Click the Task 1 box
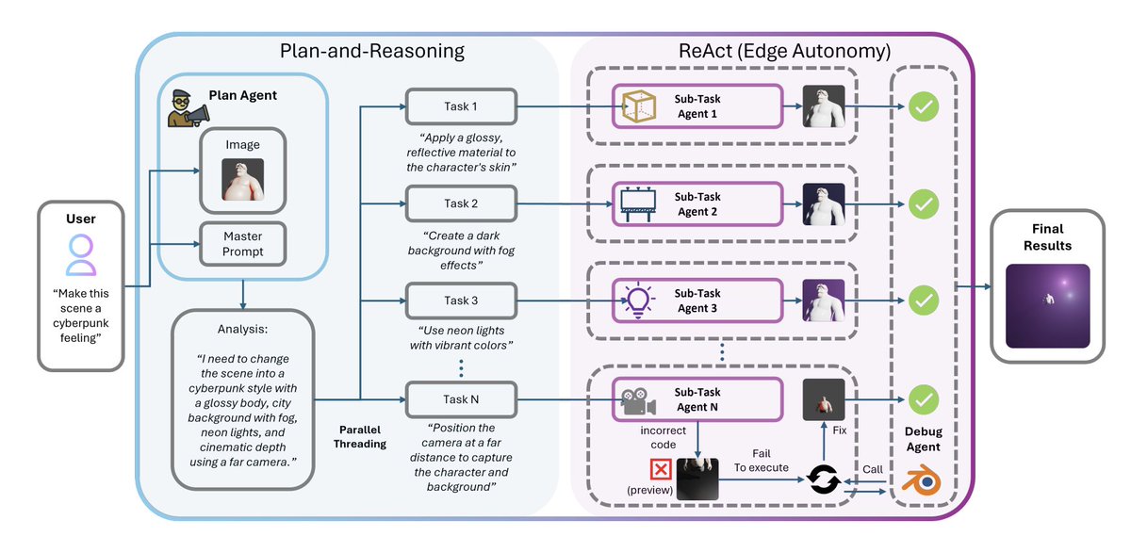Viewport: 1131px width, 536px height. tap(461, 106)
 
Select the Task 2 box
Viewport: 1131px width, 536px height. tap(461, 203)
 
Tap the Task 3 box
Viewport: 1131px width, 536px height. tap(461, 300)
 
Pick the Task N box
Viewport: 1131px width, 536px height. tap(461, 398)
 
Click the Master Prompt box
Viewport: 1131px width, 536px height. tap(242, 243)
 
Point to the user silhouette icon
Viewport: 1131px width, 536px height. tap(81, 255)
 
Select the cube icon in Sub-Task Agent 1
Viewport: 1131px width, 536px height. tap(639, 106)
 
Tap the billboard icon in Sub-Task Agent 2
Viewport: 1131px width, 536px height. tap(639, 203)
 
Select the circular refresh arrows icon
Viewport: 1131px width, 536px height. tap(821, 479)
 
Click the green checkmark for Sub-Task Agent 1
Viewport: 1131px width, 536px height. tap(924, 106)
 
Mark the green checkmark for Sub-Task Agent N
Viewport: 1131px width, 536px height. tap(924, 399)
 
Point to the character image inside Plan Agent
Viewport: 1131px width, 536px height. tap(242, 182)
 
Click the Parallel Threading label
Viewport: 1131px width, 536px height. tap(361, 435)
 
